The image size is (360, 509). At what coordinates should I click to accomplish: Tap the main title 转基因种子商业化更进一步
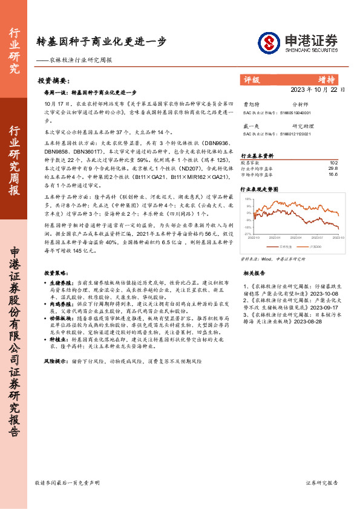[x=102, y=42]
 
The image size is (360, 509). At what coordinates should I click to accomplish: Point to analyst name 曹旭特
[x=250, y=104]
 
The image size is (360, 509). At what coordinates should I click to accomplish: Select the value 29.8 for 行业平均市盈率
[x=333, y=168]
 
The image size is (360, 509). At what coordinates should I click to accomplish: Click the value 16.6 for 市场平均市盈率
[x=333, y=174]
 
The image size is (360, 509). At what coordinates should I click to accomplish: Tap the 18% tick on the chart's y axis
[x=248, y=198]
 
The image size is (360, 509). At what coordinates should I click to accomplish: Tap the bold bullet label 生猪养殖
[x=59, y=282]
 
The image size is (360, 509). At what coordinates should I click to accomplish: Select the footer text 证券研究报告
[x=322, y=484]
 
